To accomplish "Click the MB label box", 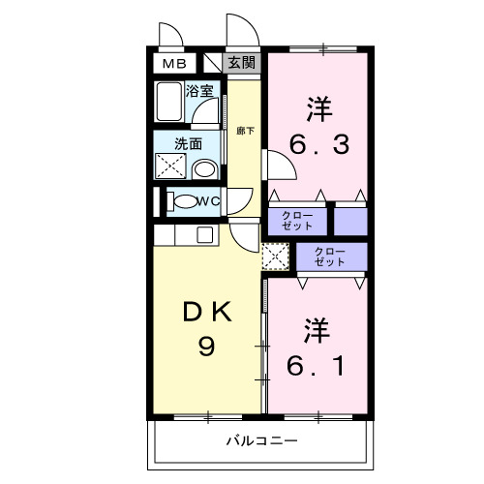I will (x=174, y=64).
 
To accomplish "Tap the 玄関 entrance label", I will (x=243, y=64).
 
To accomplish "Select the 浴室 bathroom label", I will (x=199, y=95).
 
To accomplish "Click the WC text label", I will (x=208, y=201).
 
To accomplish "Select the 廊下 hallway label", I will (x=245, y=130).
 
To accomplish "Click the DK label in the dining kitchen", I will (x=207, y=312).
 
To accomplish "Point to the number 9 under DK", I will (x=206, y=346).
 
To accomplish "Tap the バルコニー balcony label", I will (x=261, y=440).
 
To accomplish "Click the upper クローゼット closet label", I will (x=297, y=220).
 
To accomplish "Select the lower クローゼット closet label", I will (x=330, y=257).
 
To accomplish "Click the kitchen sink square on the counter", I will (x=205, y=233).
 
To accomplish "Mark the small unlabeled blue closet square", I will (x=351, y=220).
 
